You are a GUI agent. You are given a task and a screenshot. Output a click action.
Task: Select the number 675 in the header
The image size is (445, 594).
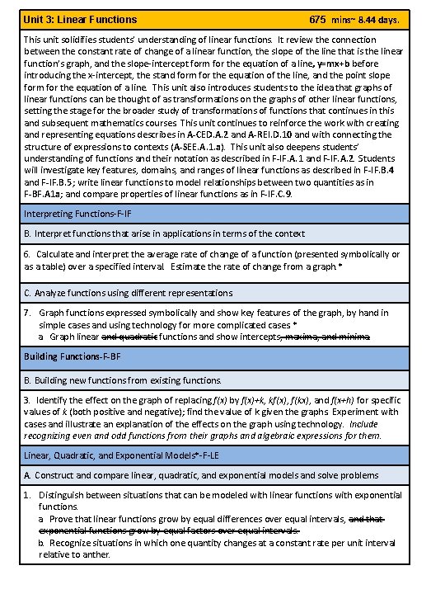[x=318, y=18]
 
